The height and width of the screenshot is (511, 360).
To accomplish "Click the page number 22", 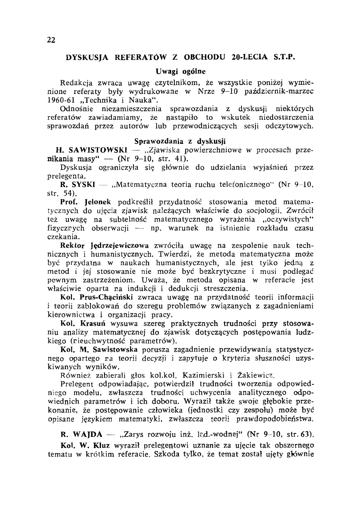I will (x=51, y=40).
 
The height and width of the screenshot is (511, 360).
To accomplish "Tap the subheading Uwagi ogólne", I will (x=180, y=70).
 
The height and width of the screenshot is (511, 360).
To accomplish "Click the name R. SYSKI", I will (x=77, y=185).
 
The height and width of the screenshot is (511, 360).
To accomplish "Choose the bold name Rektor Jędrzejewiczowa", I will (x=105, y=246).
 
